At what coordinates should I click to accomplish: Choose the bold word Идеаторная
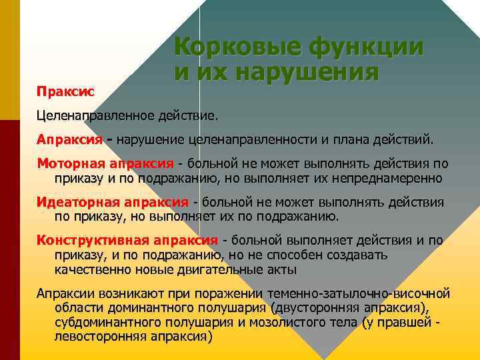pos(75,202)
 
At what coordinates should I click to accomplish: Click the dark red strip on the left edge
pos(10,240)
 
